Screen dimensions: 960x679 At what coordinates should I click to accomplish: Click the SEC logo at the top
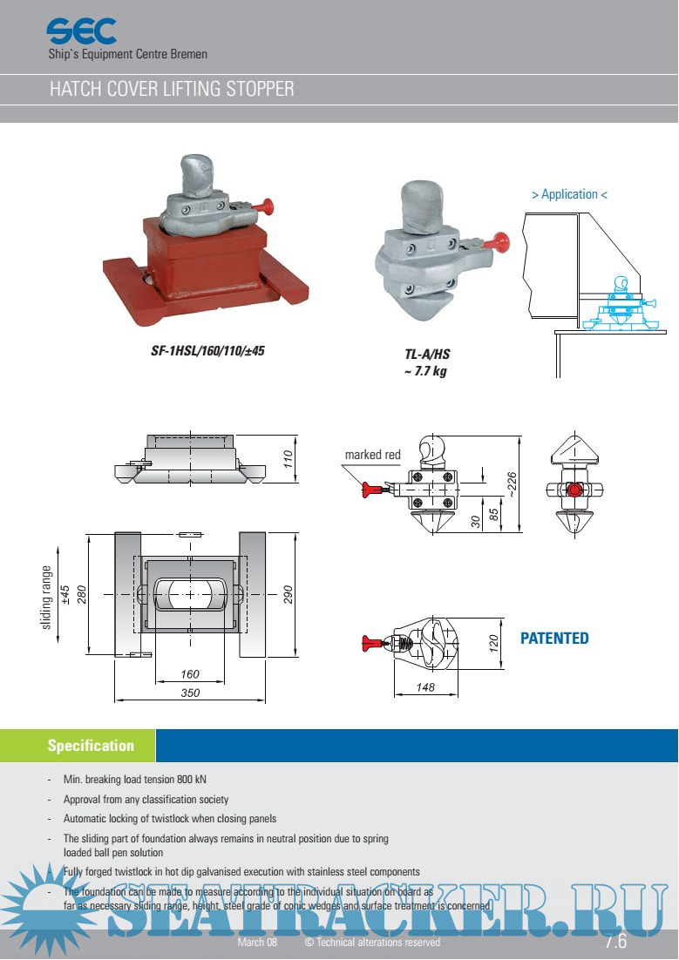click(81, 32)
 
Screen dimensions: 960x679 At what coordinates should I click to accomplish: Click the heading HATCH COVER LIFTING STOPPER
click(172, 89)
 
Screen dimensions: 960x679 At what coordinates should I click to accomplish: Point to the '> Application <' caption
click(569, 194)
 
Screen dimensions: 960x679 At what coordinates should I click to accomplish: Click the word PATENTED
click(554, 639)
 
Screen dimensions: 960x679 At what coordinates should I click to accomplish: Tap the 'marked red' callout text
click(372, 455)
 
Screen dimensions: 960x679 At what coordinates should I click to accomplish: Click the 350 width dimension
click(190, 693)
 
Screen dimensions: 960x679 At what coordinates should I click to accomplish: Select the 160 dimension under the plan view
click(189, 674)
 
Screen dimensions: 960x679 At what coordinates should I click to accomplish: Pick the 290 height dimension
click(289, 593)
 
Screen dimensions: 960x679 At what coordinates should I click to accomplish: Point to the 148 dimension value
click(425, 688)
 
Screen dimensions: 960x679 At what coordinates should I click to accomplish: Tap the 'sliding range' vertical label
click(46, 597)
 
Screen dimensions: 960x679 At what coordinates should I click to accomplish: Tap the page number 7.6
click(615, 941)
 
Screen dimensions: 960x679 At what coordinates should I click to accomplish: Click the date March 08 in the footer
click(257, 943)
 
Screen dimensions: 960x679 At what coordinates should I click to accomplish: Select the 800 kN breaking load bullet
click(135, 779)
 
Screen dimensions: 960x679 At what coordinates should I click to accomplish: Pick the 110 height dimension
click(289, 459)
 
